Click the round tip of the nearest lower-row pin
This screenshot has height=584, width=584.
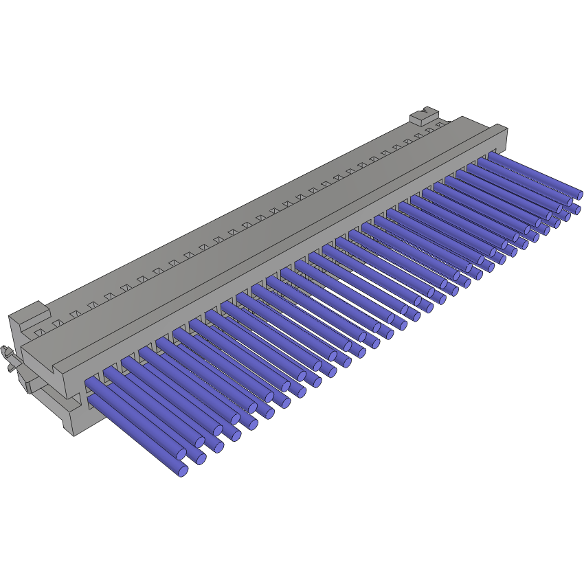click(x=183, y=471)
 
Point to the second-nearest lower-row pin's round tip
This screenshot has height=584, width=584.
click(x=201, y=458)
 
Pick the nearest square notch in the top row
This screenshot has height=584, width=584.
click(x=41, y=332)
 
